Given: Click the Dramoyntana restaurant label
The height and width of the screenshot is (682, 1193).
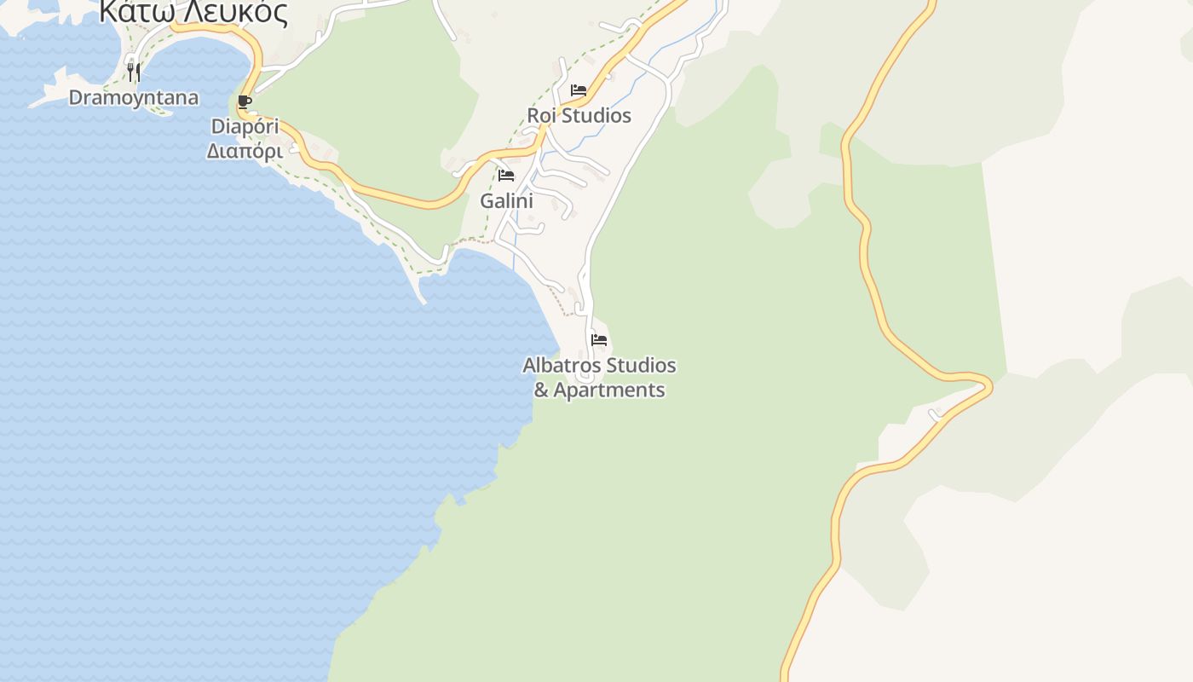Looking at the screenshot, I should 133,97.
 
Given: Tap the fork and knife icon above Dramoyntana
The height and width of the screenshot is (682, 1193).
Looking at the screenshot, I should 133,72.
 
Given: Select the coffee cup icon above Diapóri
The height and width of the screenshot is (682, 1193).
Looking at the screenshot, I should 245,103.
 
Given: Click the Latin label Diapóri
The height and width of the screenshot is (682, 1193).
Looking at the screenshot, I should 245,127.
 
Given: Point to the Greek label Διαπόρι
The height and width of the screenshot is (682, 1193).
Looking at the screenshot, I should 245,151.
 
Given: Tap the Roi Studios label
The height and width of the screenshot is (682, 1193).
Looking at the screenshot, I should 579,115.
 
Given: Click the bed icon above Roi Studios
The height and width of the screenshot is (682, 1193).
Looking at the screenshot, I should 579,90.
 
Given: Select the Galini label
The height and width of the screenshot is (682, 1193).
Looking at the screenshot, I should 506,201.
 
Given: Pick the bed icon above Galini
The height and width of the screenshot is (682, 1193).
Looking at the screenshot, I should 506,176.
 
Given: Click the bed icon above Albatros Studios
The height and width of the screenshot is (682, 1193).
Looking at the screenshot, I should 599,340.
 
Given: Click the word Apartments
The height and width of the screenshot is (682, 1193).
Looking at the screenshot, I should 608,390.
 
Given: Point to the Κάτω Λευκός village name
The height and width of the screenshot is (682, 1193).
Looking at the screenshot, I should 193,12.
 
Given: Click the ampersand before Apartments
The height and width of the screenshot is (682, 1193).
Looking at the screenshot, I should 541,390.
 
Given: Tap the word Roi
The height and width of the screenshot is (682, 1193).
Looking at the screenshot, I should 540,115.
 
